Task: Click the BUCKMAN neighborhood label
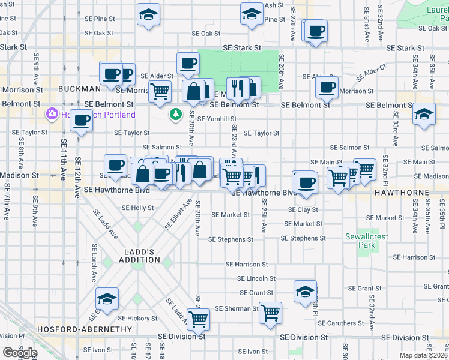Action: point(79,89)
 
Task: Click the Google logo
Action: point(20,352)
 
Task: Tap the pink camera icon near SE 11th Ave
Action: point(52,113)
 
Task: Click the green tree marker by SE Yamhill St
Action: point(176,113)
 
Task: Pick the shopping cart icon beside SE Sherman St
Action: point(271,311)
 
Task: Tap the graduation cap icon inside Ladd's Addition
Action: point(107,298)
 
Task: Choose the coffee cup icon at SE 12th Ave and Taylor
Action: point(81,119)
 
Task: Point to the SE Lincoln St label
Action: point(256,278)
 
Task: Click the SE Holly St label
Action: point(138,208)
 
